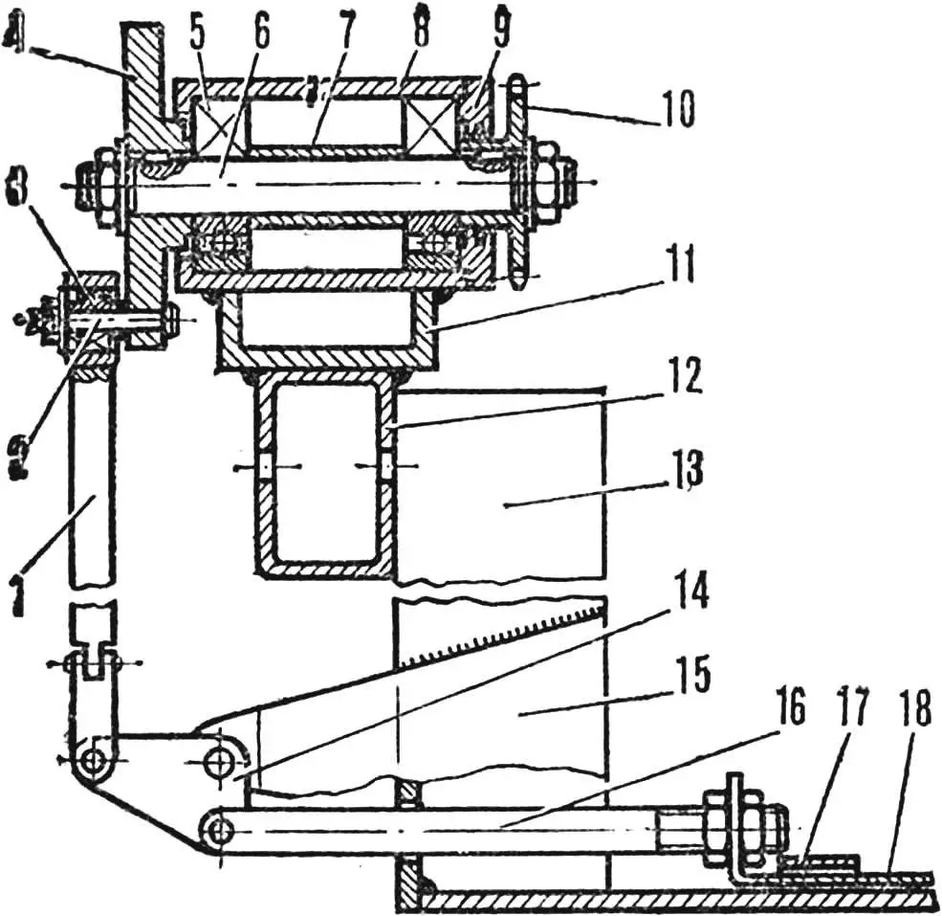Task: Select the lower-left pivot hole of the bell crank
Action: pyautogui.click(x=92, y=761)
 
